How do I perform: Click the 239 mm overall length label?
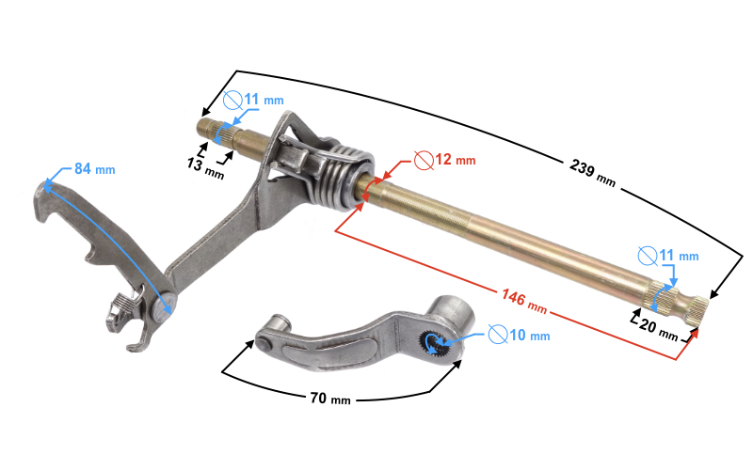tap(593, 173)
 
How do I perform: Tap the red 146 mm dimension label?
tap(524, 301)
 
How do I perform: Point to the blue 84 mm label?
tap(95, 169)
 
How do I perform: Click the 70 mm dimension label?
tap(330, 398)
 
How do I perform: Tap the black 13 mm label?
tap(205, 168)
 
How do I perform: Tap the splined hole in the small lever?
tap(434, 342)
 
